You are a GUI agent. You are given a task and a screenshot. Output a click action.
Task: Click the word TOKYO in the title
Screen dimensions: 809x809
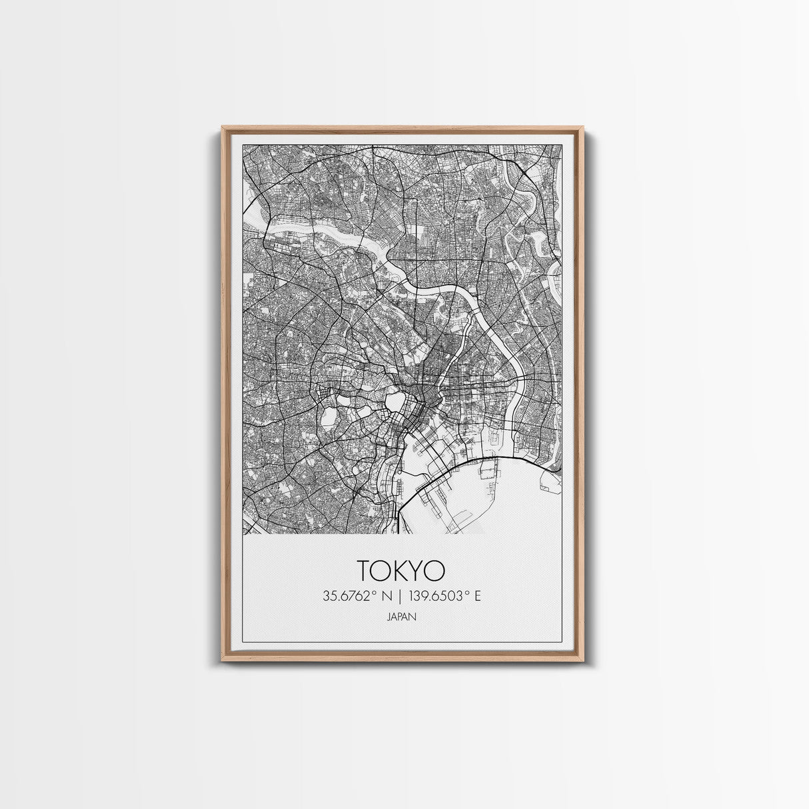point(401,571)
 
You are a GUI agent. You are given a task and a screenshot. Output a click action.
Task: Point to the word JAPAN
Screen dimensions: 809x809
point(401,617)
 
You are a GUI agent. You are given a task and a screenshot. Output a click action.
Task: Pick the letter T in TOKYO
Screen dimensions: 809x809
point(365,571)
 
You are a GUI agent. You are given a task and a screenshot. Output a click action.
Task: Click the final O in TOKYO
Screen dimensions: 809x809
point(436,571)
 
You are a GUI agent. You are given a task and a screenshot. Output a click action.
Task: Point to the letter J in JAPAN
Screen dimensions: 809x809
point(388,617)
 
